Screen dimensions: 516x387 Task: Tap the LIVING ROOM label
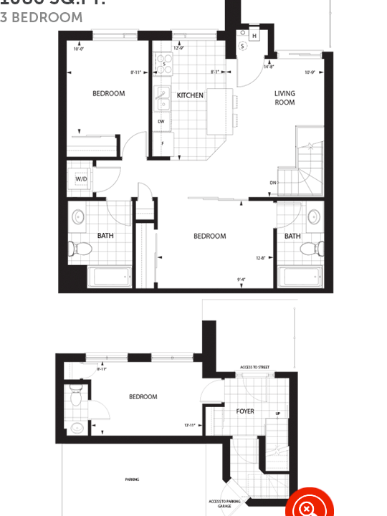(285, 97)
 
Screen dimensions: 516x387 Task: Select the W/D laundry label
(80, 179)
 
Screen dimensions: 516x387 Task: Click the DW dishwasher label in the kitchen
(161, 121)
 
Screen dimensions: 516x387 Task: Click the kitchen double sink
(163, 97)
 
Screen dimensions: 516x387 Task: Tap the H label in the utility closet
(254, 35)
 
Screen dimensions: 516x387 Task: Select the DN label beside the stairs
(272, 183)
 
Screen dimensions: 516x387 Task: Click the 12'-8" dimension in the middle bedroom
(261, 258)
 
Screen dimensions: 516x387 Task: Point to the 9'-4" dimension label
(242, 280)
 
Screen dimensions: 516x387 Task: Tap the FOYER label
(245, 411)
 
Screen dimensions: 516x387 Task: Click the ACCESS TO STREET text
(254, 367)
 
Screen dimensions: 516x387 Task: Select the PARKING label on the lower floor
(132, 479)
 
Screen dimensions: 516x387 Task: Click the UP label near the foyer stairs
(278, 414)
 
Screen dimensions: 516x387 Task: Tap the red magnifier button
(309, 507)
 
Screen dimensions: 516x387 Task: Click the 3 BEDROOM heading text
(41, 17)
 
